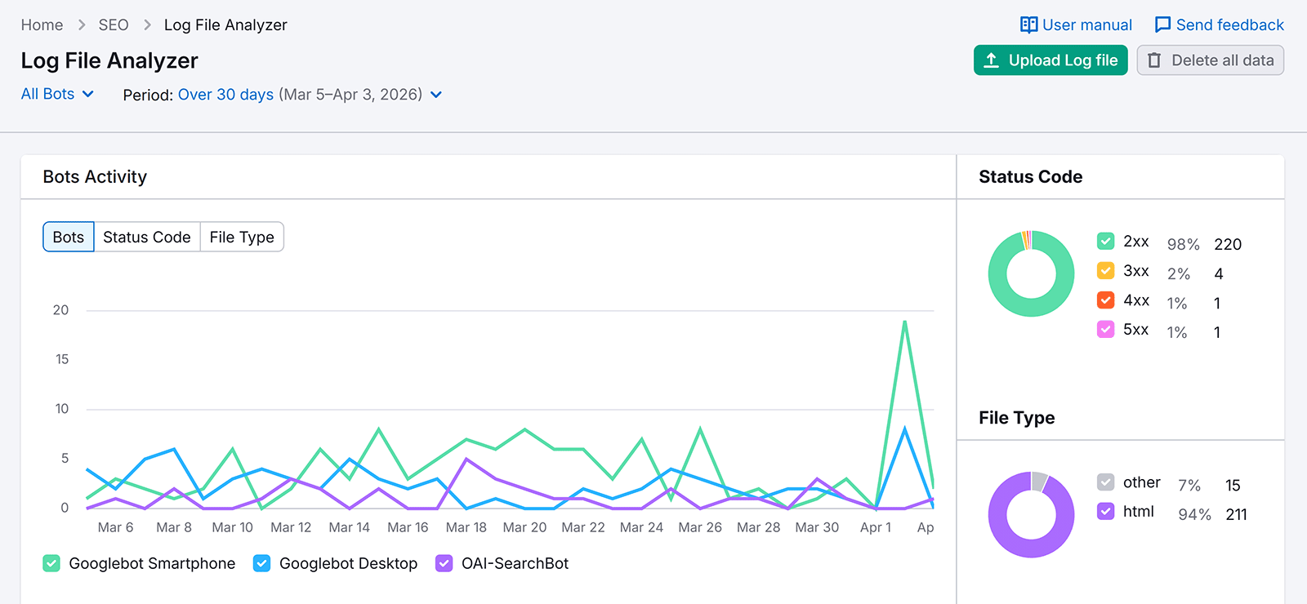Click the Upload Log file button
coord(1051,60)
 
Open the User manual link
coord(1076,25)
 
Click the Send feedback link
coord(1219,25)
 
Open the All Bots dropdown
coord(57,94)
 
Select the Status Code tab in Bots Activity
coord(147,238)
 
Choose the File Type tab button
coord(242,238)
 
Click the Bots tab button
coord(69,238)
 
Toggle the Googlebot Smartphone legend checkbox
coord(51,563)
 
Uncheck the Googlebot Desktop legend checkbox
coord(262,563)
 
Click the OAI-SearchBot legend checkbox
coord(444,563)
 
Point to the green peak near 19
coord(904,322)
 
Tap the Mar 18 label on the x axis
coord(466,527)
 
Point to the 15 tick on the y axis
coord(62,359)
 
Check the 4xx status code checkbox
coord(1105,300)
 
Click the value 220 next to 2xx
coord(1227,244)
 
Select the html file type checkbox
coord(1105,512)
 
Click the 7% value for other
coord(1189,486)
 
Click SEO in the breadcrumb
coord(114,25)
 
